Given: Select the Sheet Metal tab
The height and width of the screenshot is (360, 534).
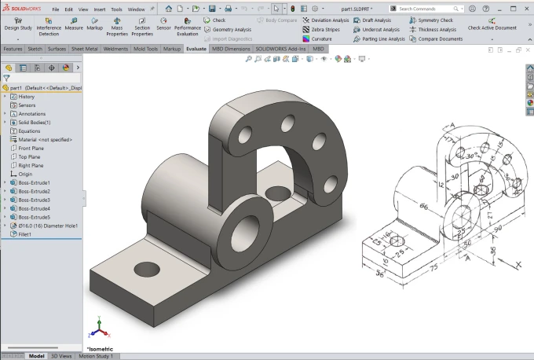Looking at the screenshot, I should [84, 49].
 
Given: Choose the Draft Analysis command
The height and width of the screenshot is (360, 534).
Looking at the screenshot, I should [372, 20].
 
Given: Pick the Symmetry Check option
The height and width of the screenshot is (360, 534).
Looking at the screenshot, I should [435, 20].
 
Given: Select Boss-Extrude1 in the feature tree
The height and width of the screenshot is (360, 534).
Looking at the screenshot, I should [34, 183].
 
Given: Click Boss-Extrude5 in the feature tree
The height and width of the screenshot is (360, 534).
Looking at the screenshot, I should [34, 217].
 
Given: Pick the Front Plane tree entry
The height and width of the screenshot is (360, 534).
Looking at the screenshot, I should [31, 149].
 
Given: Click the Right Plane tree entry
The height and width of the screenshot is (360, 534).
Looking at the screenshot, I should [31, 166].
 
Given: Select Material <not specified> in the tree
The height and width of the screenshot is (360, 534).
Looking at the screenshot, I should [45, 140].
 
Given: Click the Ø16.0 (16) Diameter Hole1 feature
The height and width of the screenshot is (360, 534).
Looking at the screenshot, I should [48, 226].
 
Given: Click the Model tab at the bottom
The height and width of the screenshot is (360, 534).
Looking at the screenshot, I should [36, 356].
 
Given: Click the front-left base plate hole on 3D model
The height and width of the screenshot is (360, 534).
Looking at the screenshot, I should [147, 269].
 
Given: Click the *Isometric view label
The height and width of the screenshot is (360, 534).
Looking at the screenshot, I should [101, 347].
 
